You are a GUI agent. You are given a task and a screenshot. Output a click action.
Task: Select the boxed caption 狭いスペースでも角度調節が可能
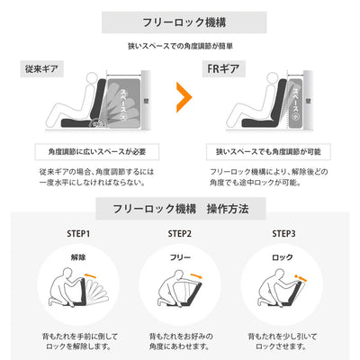[269, 150]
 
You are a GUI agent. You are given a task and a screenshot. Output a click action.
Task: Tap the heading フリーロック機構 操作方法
[179, 208]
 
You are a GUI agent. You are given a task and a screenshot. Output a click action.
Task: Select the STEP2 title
[180, 233]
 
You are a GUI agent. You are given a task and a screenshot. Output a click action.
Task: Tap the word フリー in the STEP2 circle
[180, 256]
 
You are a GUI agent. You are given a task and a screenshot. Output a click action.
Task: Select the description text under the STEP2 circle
[180, 340]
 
